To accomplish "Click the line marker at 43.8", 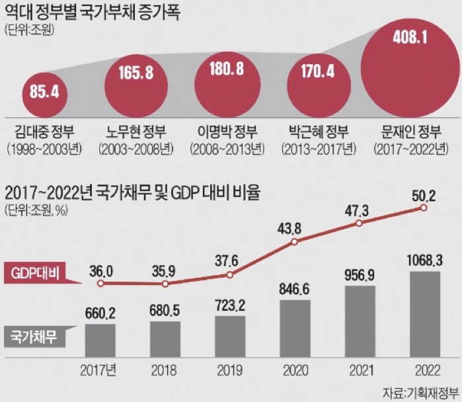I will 295,243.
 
